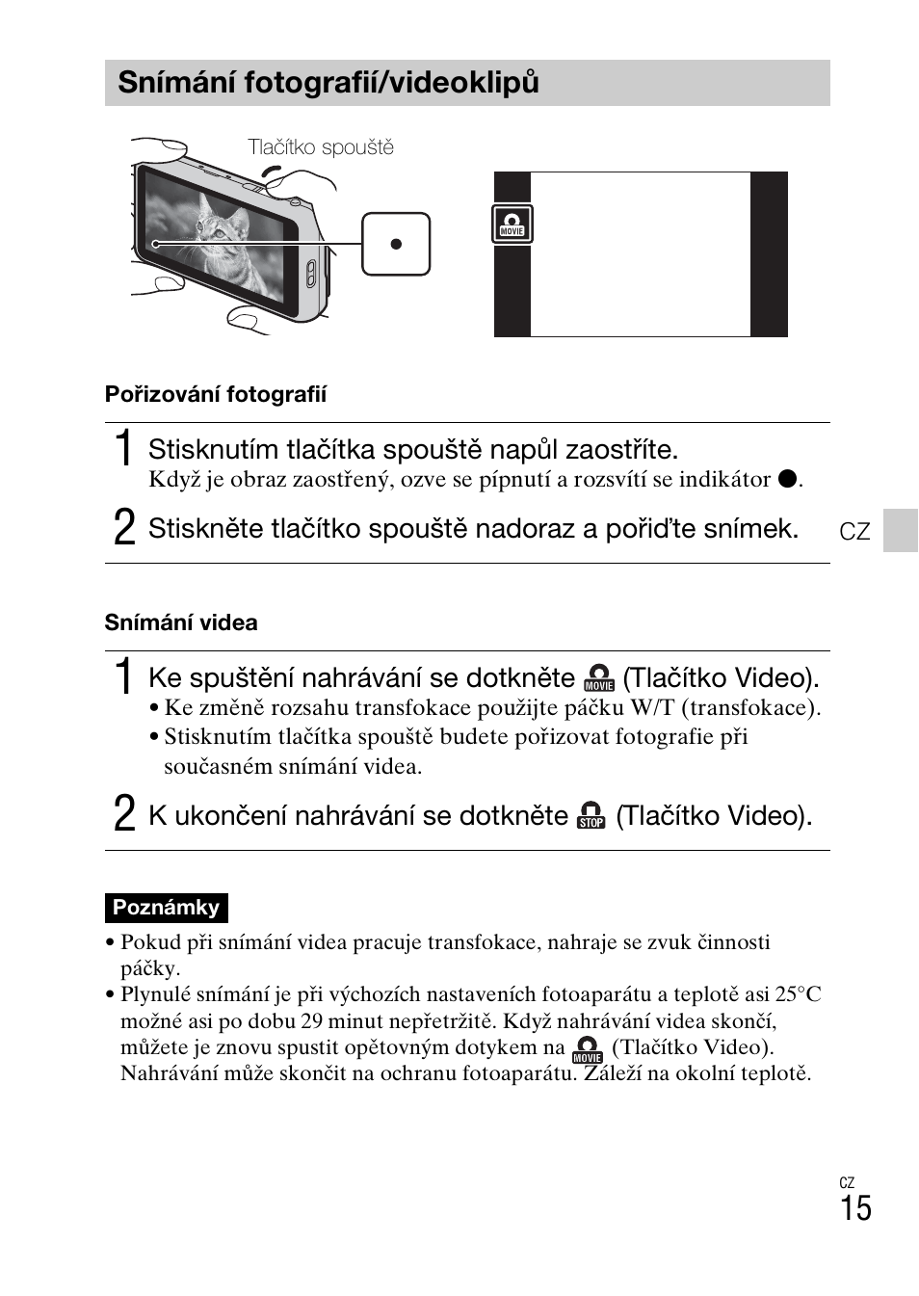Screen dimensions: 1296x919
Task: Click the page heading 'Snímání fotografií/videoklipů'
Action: [x=328, y=83]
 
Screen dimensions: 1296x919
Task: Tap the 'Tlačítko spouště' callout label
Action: [x=321, y=147]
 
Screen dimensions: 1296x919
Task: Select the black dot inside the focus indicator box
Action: [x=396, y=244]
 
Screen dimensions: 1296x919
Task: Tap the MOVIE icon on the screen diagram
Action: [x=512, y=224]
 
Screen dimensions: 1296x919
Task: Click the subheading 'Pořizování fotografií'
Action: [x=216, y=394]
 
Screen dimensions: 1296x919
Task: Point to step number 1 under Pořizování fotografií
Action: [x=123, y=448]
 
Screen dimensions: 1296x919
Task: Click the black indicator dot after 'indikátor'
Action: [x=787, y=480]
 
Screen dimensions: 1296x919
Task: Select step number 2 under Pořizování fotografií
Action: [x=124, y=527]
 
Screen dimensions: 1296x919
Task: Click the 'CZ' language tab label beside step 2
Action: [x=854, y=532]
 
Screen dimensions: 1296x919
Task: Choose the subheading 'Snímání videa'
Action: [x=181, y=622]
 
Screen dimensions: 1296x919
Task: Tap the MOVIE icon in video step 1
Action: [x=599, y=678]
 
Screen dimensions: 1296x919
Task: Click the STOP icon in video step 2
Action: [x=591, y=816]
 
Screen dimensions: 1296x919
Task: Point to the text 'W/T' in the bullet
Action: [x=652, y=708]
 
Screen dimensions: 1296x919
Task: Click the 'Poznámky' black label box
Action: [x=166, y=908]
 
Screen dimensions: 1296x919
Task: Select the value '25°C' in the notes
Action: [x=798, y=994]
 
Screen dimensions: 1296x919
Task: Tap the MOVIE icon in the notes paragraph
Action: [x=588, y=1048]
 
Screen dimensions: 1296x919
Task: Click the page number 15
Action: [x=854, y=1208]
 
